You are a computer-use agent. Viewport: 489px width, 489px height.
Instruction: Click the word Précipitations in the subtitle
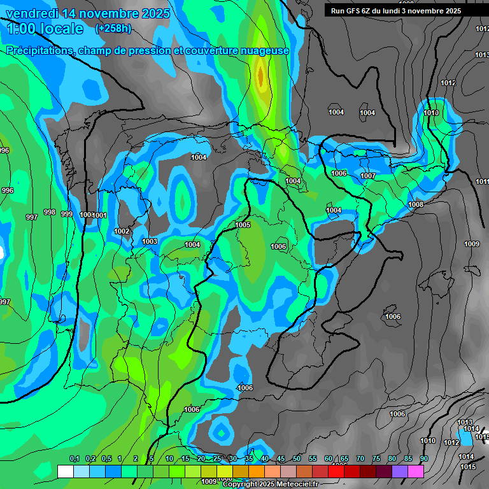click(39, 51)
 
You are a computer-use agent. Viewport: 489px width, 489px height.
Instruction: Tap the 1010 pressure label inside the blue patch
click(431, 113)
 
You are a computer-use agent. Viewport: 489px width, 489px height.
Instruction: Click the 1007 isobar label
click(368, 176)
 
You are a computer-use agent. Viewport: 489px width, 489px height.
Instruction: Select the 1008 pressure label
click(416, 204)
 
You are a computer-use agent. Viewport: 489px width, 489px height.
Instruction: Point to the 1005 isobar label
click(243, 225)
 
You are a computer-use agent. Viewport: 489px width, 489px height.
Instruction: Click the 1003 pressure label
click(150, 241)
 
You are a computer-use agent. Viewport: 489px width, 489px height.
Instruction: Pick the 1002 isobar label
click(122, 231)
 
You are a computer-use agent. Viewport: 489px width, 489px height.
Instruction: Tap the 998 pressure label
click(49, 212)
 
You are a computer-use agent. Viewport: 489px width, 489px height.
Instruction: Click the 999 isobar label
click(66, 214)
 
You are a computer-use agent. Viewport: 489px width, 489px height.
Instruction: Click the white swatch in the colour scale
click(65, 471)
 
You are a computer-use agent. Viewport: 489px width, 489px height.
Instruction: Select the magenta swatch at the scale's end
click(416, 471)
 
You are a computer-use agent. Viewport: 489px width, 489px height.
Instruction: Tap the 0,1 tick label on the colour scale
click(74, 459)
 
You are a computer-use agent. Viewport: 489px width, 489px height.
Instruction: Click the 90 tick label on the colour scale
click(423, 459)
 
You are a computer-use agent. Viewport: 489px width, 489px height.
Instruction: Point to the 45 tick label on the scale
click(281, 459)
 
